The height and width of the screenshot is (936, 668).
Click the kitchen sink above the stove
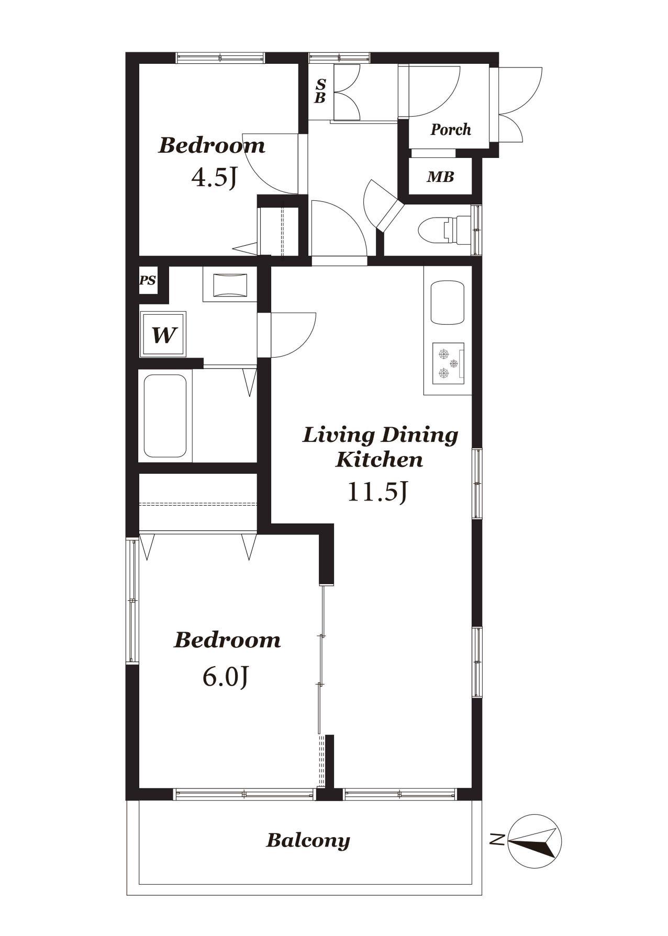pyautogui.click(x=448, y=303)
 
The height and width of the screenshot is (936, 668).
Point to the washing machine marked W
pyautogui.click(x=163, y=335)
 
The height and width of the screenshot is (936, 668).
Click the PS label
pyautogui.click(x=148, y=280)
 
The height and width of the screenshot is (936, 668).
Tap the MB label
pyautogui.click(x=440, y=177)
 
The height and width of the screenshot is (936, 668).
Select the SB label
pyautogui.click(x=320, y=91)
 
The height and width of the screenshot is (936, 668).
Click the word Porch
pyautogui.click(x=451, y=130)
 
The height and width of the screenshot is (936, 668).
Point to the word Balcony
pyautogui.click(x=308, y=841)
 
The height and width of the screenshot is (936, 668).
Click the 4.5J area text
pyautogui.click(x=215, y=177)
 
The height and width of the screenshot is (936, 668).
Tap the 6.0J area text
pyautogui.click(x=225, y=677)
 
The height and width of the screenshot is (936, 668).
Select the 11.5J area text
pyautogui.click(x=377, y=492)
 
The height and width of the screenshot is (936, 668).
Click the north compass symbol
pyautogui.click(x=535, y=840)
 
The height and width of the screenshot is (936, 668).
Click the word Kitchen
pyautogui.click(x=379, y=460)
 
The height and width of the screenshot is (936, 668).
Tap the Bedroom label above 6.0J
pyautogui.click(x=227, y=640)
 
